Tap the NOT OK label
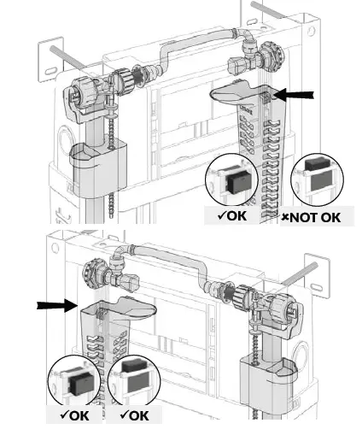[x=312, y=217]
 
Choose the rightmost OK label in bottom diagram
[x=134, y=416]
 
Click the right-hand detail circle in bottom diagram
[x=133, y=379]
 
